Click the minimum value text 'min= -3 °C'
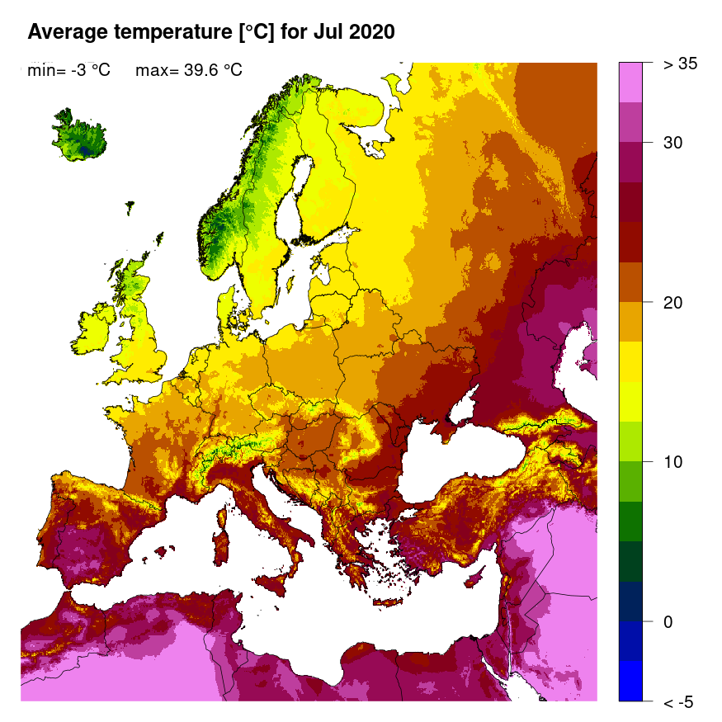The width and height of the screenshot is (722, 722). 68,71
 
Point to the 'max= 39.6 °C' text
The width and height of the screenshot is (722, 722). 188,71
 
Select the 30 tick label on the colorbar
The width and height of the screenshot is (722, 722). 672,143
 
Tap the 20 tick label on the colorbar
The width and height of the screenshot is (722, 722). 672,302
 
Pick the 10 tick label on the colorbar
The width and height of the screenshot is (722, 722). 672,461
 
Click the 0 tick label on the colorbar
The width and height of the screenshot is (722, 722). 668,621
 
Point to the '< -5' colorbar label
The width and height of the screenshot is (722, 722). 678,702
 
